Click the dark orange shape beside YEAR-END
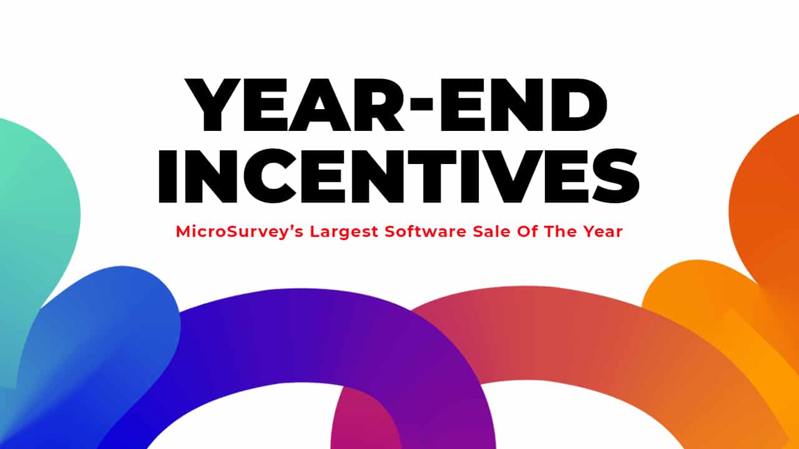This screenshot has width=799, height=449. tap(768, 206)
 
